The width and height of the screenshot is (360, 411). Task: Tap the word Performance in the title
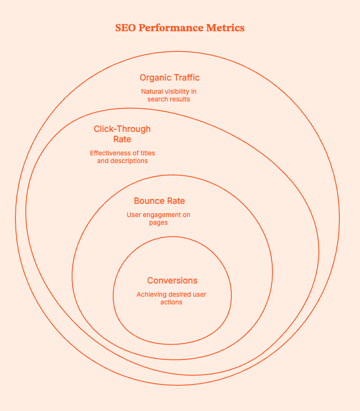click(x=167, y=28)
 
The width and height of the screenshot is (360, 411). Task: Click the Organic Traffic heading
click(x=169, y=77)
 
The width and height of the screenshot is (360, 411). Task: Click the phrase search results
click(x=168, y=99)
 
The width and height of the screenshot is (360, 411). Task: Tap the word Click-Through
click(x=122, y=129)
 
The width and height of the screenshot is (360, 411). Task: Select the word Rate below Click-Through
click(x=122, y=140)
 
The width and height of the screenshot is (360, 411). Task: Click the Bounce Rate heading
click(x=159, y=201)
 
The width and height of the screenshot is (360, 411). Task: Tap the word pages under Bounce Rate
click(x=158, y=223)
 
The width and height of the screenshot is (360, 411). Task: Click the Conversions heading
click(x=172, y=280)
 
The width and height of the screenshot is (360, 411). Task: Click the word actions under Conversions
click(x=171, y=302)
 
